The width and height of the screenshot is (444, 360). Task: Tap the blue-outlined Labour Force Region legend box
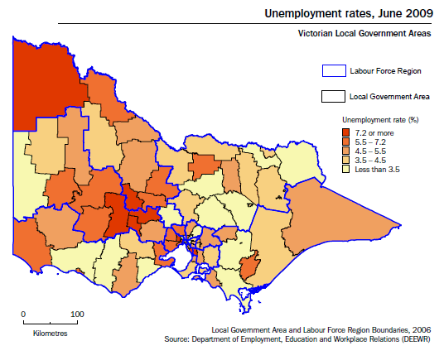point(332,72)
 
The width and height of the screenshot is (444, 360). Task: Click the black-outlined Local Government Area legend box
point(332,96)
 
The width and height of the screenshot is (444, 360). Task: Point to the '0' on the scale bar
point(23,314)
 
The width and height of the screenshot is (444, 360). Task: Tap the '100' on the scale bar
point(76,314)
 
